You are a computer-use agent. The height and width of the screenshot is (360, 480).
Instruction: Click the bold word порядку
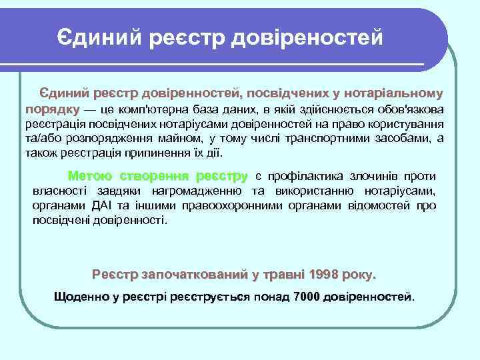tap(53, 109)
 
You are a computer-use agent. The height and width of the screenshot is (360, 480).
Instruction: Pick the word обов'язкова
tap(410, 109)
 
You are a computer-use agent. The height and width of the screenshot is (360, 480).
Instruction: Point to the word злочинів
tap(378, 177)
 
